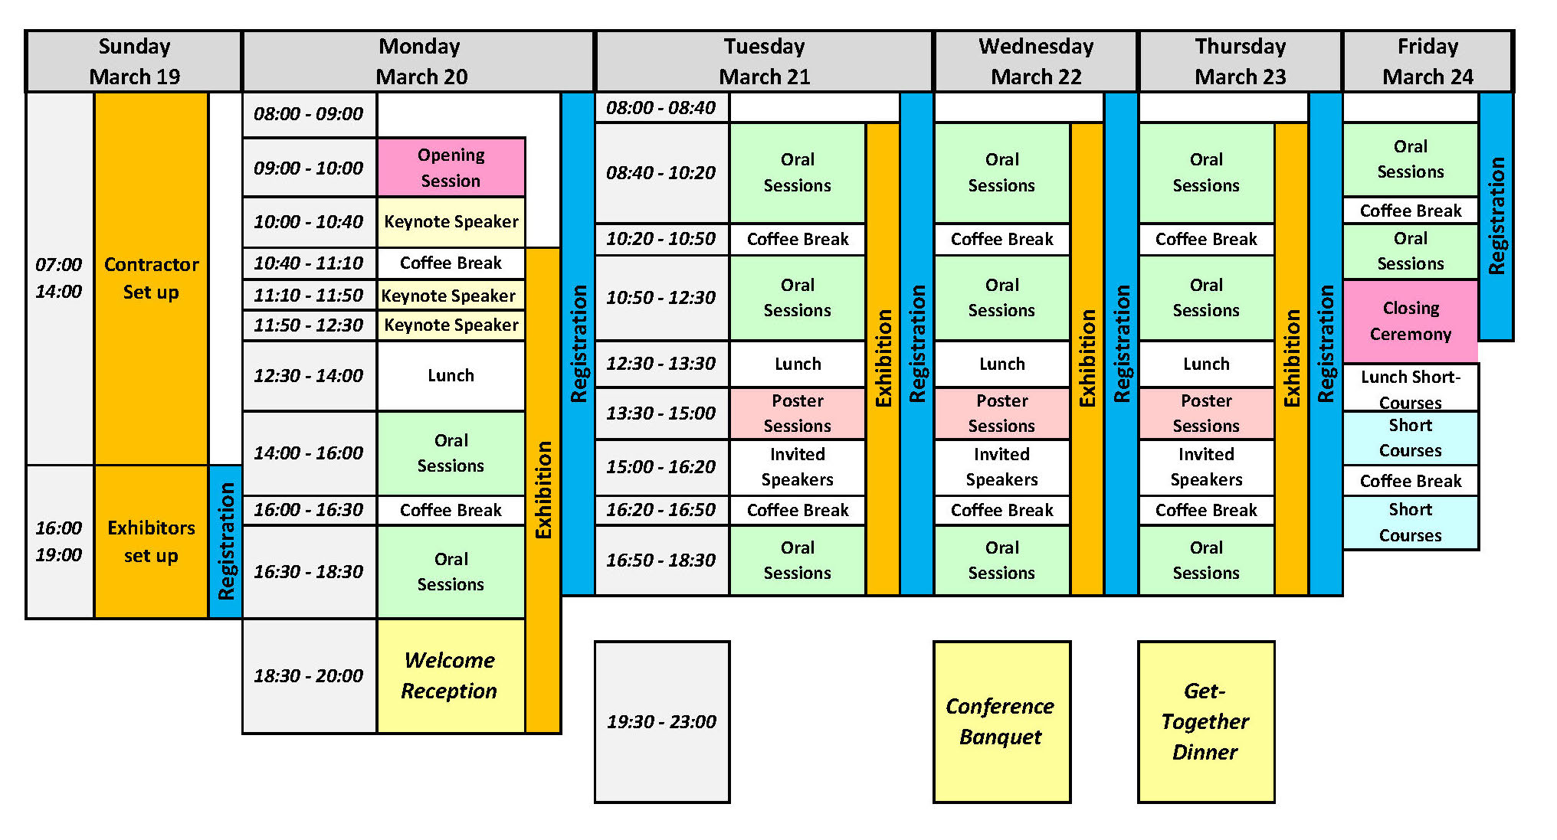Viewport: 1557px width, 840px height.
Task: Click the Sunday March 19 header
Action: (134, 61)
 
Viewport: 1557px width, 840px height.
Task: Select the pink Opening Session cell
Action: (451, 168)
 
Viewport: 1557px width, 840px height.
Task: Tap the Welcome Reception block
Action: (451, 675)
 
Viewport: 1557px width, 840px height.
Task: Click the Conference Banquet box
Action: (1001, 721)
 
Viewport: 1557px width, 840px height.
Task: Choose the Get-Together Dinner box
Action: (1205, 721)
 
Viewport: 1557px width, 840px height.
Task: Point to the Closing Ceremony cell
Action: (1410, 321)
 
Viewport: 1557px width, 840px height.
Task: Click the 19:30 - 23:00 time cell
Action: (661, 721)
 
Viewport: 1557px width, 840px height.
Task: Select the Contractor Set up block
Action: (151, 278)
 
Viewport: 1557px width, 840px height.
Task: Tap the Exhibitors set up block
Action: (151, 541)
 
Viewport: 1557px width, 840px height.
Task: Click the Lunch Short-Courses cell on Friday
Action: (1410, 388)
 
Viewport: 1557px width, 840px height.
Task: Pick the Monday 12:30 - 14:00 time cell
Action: (309, 375)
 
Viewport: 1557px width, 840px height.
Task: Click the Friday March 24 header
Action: (1427, 61)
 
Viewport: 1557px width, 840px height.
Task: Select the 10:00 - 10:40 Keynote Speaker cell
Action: (451, 222)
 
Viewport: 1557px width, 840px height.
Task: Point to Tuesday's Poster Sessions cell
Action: (797, 413)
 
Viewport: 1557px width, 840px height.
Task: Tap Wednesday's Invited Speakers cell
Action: (1001, 466)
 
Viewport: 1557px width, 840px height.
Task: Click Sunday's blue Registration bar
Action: (225, 541)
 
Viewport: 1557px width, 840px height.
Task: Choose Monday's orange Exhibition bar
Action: (543, 490)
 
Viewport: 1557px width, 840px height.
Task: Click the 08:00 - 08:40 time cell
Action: (661, 108)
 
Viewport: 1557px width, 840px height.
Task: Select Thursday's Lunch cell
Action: (1205, 364)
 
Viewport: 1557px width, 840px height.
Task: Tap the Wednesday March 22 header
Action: (1035, 61)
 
